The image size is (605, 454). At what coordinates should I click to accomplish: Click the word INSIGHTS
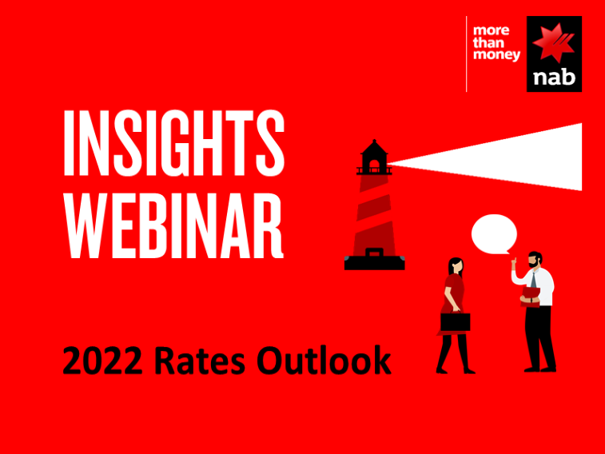click(x=174, y=143)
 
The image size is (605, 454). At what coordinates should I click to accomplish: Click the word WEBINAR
click(x=174, y=225)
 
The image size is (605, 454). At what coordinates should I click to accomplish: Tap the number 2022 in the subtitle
click(x=102, y=360)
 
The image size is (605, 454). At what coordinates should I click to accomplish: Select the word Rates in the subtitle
click(x=200, y=360)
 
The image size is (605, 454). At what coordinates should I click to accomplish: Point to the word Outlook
click(x=324, y=360)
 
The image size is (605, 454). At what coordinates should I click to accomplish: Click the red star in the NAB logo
click(x=553, y=42)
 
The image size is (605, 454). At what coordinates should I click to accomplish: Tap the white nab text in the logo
click(x=555, y=78)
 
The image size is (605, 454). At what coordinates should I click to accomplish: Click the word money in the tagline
click(x=496, y=55)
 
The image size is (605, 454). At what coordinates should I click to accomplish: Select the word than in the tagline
click(x=488, y=42)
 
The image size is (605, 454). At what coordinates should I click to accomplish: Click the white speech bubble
click(x=494, y=234)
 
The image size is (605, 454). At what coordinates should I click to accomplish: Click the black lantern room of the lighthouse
click(x=374, y=157)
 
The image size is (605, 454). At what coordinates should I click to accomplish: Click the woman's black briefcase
click(x=456, y=321)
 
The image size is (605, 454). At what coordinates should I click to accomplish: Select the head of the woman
click(x=456, y=266)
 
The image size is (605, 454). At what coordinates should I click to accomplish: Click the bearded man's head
click(x=535, y=260)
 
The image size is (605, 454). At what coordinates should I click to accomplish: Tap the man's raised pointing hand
click(x=514, y=265)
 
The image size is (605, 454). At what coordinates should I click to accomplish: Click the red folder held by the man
click(x=530, y=297)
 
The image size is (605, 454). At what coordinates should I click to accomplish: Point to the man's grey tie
click(x=533, y=279)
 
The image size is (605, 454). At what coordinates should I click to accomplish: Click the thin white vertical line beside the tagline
click(x=467, y=54)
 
